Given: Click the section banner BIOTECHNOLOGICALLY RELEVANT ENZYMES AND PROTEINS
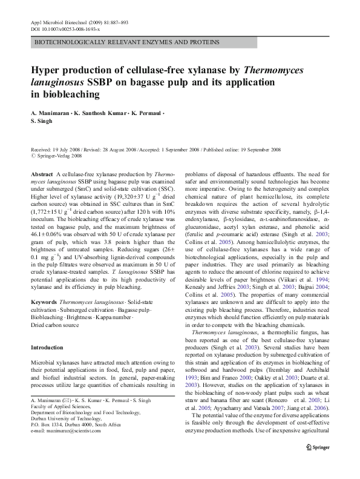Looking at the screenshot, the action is tap(126, 43).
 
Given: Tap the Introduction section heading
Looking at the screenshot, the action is tap(47, 348).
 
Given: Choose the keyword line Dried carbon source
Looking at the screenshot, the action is tap(54, 325).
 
